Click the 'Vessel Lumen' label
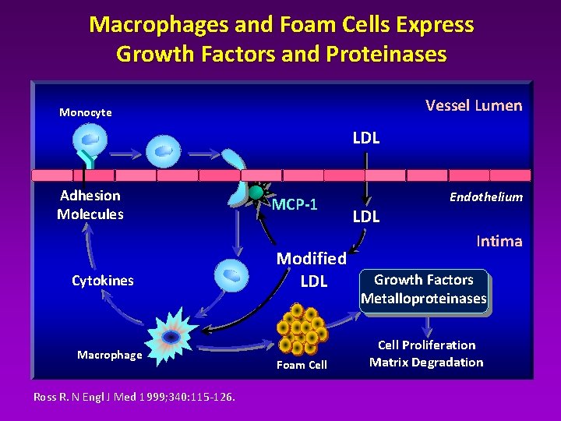[x=473, y=106]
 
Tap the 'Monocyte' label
[x=86, y=112]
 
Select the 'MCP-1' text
[x=295, y=205]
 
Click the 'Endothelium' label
[x=485, y=197]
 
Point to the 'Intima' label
[x=499, y=241]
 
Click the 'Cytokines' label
[x=103, y=281]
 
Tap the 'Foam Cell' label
[x=302, y=365]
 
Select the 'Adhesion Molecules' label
[x=90, y=205]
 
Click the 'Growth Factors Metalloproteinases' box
[x=424, y=289]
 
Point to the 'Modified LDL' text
[x=313, y=269]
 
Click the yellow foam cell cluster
[x=302, y=328]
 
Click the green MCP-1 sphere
[x=256, y=192]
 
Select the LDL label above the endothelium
[x=366, y=139]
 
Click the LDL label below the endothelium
[x=366, y=217]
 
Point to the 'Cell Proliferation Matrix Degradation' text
[x=426, y=353]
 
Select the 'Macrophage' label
[x=110, y=355]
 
